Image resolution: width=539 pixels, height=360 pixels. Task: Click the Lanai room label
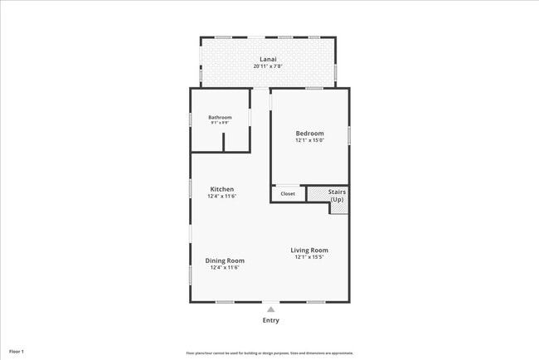(268, 60)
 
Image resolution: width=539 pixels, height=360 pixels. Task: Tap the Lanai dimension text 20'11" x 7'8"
(268, 66)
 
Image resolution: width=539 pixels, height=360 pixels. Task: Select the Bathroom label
(220, 117)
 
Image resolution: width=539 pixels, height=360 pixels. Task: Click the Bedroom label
(310, 133)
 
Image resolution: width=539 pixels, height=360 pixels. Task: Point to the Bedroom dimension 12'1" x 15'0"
(310, 140)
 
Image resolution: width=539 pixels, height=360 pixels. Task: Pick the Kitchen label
(221, 189)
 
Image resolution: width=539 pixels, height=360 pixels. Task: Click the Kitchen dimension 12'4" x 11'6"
(221, 197)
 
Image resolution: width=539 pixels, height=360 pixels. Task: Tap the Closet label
(288, 194)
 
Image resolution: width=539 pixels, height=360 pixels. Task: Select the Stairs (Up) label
(337, 196)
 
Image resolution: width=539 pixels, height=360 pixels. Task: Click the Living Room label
(309, 250)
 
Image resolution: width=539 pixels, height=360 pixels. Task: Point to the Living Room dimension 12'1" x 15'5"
(309, 257)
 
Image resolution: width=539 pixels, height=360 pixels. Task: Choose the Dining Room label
(225, 260)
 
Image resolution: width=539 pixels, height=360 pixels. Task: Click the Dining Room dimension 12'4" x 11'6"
(225, 268)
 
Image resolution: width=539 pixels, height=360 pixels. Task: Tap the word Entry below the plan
(271, 320)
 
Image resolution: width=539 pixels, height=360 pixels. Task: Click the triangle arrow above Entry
(270, 309)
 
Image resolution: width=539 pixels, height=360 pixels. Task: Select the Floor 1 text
(17, 352)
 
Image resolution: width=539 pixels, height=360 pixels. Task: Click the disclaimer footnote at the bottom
(269, 353)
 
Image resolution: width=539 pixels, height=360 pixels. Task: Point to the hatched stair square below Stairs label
(339, 208)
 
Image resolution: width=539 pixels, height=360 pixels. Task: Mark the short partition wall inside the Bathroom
(223, 142)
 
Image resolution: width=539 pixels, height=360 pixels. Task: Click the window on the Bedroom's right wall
(349, 134)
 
